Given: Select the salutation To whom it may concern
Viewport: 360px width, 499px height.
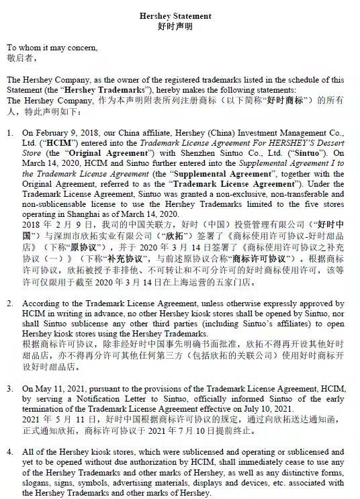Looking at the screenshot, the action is click(x=52, y=48).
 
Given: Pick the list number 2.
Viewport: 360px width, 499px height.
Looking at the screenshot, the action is click(x=10, y=304).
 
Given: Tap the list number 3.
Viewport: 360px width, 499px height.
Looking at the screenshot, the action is click(x=10, y=388).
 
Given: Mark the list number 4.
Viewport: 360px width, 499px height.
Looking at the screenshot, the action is click(x=10, y=452).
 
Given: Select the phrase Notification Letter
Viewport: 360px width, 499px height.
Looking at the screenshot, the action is click(x=95, y=398).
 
